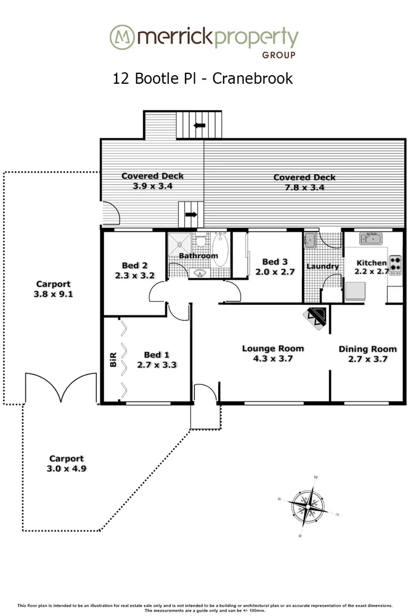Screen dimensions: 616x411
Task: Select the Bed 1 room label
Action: click(x=157, y=355)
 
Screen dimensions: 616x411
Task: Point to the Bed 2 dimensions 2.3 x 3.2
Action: click(x=134, y=276)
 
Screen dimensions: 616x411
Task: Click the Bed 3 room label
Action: click(x=275, y=262)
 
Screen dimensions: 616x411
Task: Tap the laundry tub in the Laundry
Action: click(x=310, y=239)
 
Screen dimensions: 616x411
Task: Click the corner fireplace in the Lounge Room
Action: click(x=317, y=315)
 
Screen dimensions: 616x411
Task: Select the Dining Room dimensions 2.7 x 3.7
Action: click(x=363, y=359)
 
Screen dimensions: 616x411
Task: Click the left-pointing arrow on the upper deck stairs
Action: click(x=199, y=126)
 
